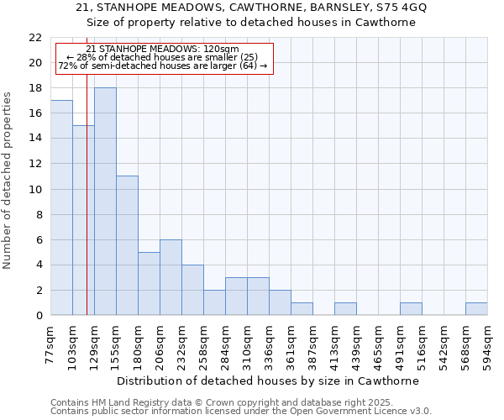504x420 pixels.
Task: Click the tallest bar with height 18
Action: (x=105, y=202)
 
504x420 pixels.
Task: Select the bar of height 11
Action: (x=127, y=245)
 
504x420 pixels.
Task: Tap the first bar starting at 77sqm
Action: (x=61, y=207)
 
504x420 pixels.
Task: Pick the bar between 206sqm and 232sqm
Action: (x=171, y=277)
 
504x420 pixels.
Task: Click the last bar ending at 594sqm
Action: (x=476, y=309)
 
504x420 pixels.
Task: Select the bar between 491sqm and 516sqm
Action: (x=411, y=309)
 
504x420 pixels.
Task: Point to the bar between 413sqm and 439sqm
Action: (x=345, y=309)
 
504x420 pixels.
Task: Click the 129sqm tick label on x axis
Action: (x=95, y=343)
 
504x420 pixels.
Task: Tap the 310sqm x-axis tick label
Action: (x=248, y=343)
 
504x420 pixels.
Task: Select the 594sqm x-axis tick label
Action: (x=488, y=343)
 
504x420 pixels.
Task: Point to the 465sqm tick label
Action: (x=379, y=343)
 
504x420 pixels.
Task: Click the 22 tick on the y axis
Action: (x=35, y=38)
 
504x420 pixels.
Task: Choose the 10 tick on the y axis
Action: (x=35, y=189)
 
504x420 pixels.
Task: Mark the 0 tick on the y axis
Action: (x=39, y=316)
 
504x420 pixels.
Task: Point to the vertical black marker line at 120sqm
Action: (x=87, y=210)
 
